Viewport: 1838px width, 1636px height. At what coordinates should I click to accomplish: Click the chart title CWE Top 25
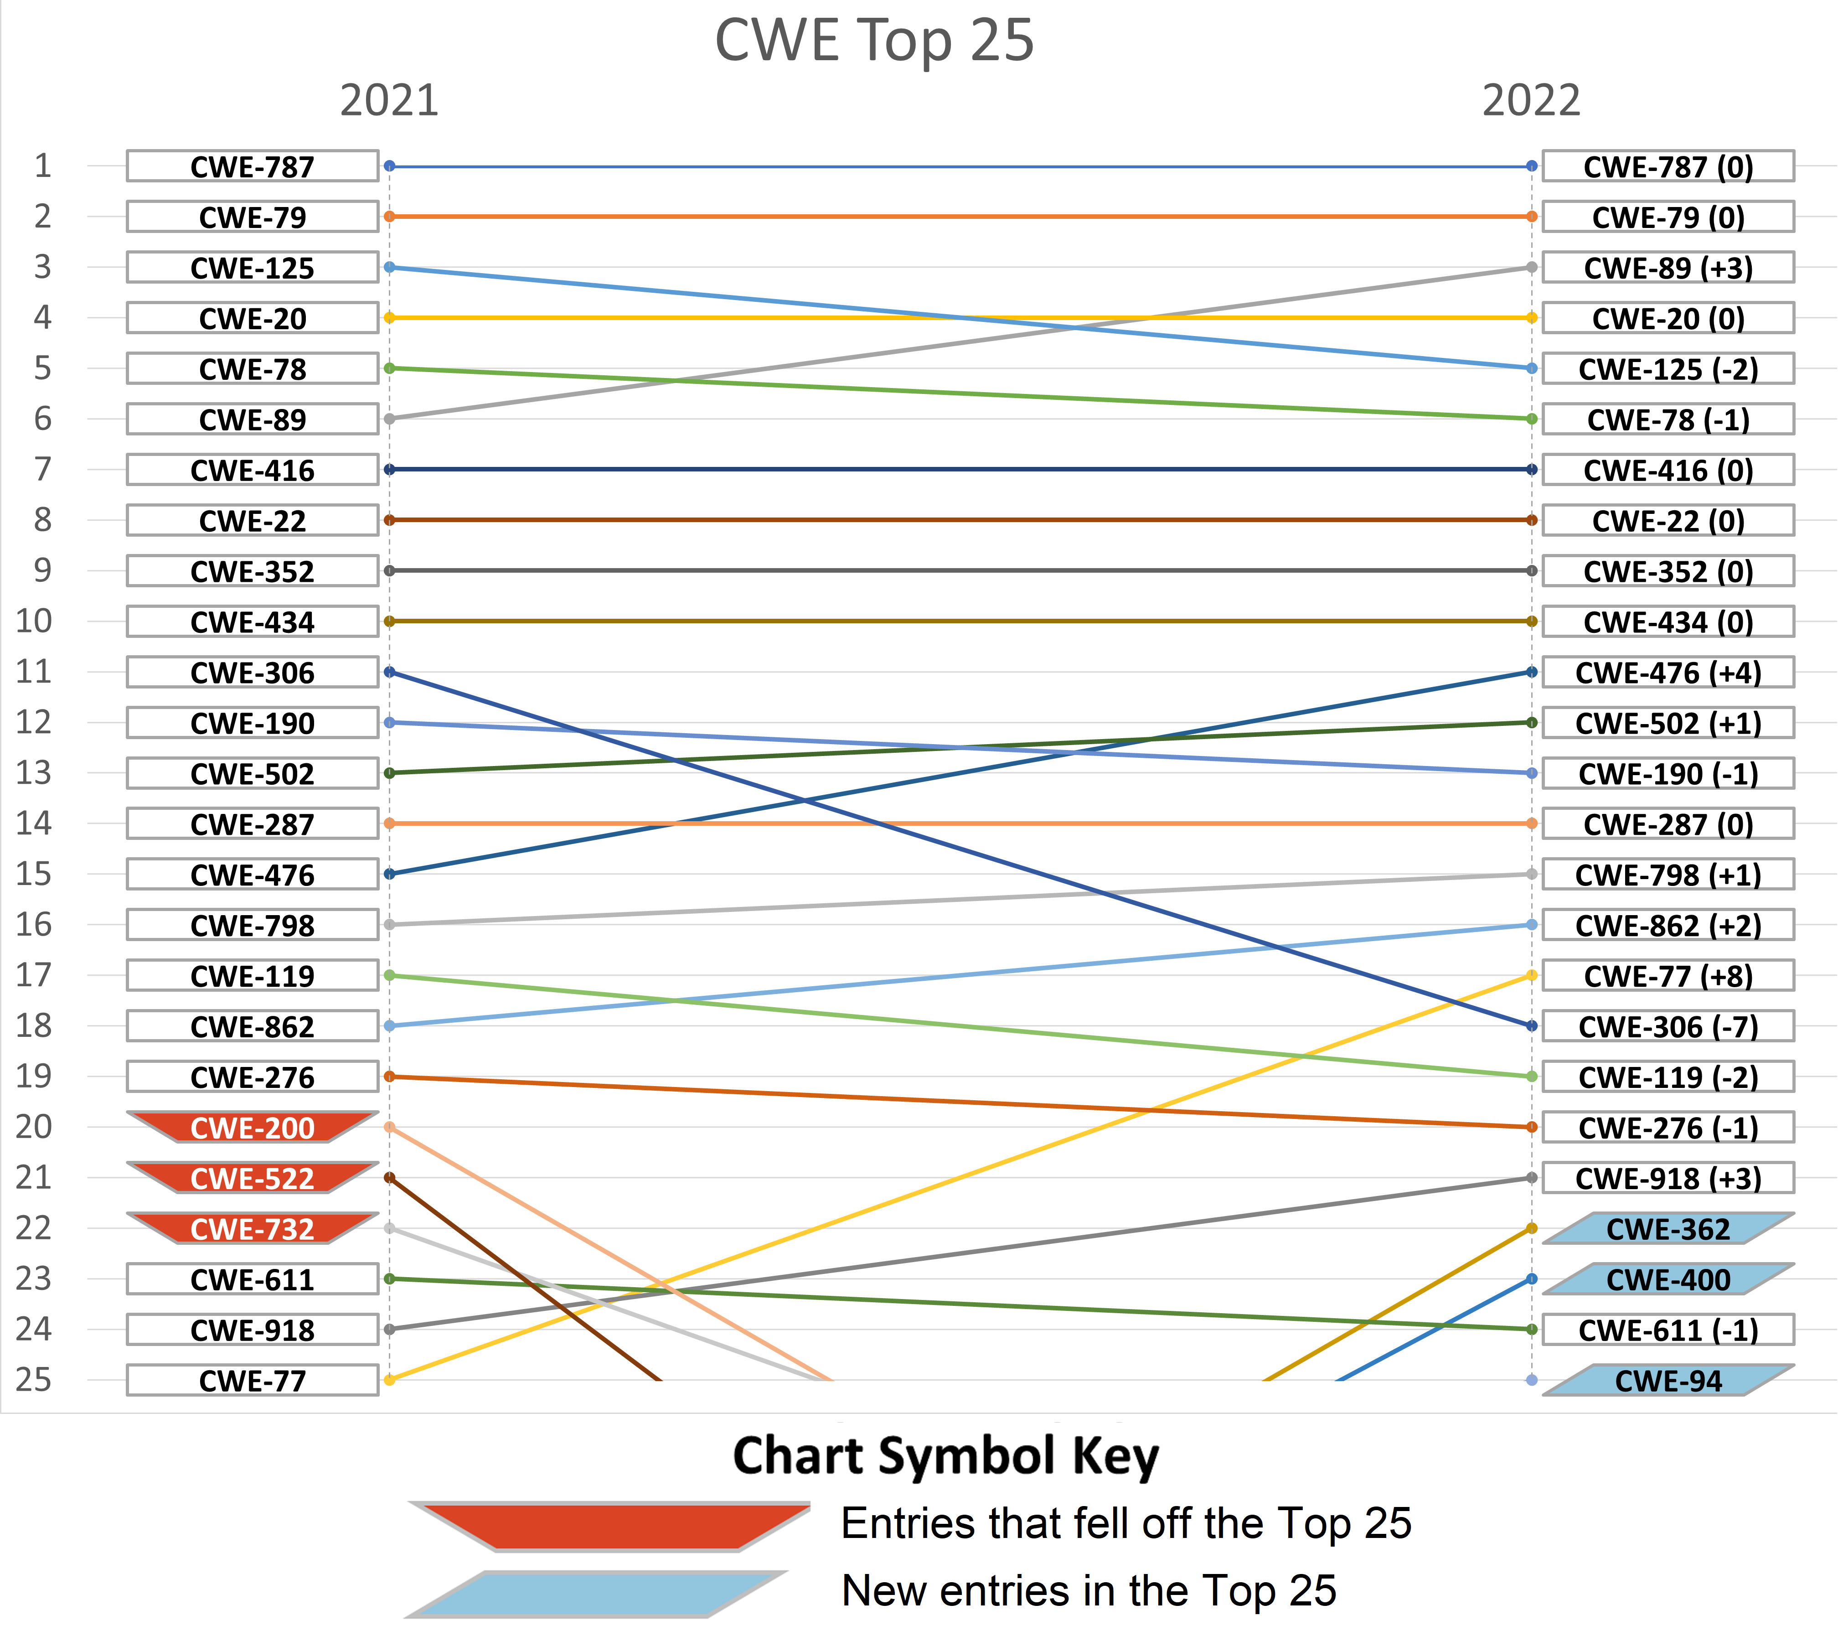click(874, 41)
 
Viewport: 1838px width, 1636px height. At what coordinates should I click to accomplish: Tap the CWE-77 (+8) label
click(1668, 976)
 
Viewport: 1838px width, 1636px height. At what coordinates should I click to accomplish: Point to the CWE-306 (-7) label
click(1668, 1026)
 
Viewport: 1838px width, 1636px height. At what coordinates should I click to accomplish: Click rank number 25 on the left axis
click(34, 1380)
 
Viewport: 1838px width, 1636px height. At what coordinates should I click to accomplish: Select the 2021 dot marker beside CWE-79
click(389, 217)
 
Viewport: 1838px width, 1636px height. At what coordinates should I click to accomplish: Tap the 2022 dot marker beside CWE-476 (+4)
click(1531, 672)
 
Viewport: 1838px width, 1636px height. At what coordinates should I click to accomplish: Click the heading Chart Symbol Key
click(946, 1456)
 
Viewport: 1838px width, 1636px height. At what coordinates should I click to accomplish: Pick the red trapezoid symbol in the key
click(611, 1526)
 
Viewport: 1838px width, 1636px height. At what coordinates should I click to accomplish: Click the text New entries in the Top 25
click(1088, 1591)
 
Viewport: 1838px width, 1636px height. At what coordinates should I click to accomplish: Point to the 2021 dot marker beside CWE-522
click(389, 1177)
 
